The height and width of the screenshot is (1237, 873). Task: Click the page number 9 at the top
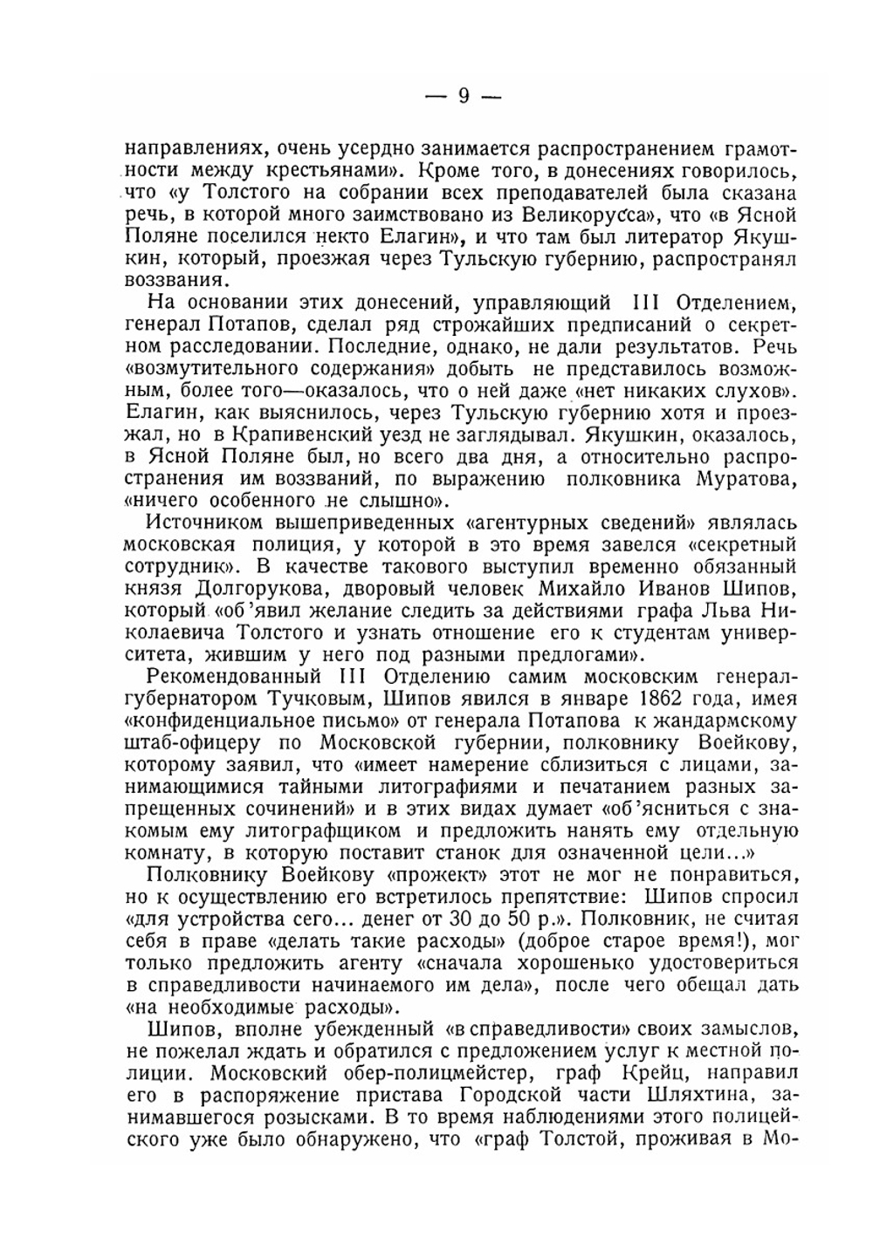click(x=464, y=96)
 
